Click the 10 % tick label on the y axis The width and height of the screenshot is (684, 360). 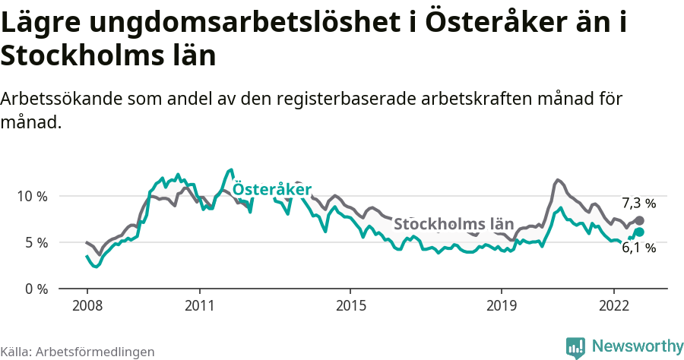(32, 196)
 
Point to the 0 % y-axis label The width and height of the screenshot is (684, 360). (35, 289)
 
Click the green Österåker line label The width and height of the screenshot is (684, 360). (271, 188)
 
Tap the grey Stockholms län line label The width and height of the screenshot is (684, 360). (453, 224)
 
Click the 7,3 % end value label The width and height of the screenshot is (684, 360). (638, 203)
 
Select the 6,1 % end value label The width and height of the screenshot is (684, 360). (638, 247)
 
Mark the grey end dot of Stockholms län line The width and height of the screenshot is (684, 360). (639, 220)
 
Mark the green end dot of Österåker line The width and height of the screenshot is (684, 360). (639, 232)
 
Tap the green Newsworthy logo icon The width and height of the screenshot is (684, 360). (575, 347)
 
